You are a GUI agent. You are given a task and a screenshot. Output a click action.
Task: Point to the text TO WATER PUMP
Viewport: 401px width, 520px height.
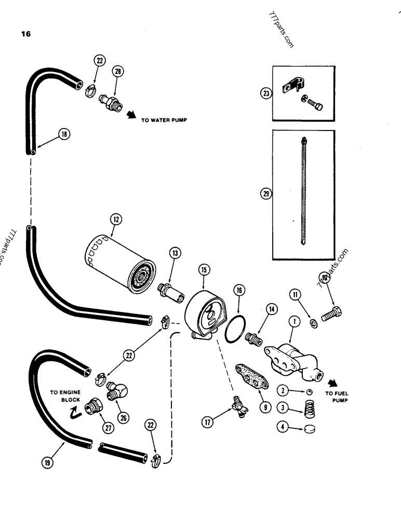click(164, 120)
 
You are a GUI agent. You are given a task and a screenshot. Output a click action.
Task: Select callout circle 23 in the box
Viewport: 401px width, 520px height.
click(267, 94)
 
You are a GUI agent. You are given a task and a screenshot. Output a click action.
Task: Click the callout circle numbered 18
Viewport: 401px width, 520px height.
click(64, 135)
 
